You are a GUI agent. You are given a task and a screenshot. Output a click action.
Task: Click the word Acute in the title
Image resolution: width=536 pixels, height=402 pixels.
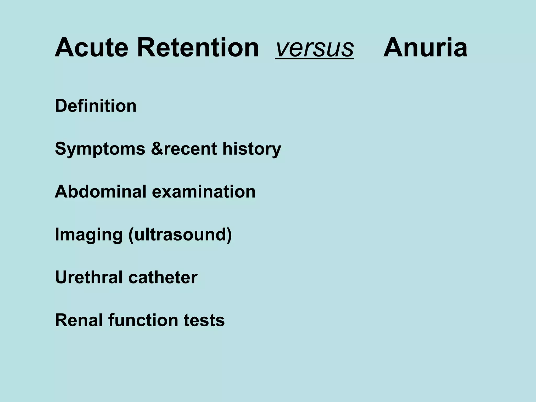pyautogui.click(x=91, y=48)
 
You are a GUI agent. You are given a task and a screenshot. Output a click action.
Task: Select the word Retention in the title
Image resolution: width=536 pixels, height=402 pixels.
pyautogui.click(x=198, y=48)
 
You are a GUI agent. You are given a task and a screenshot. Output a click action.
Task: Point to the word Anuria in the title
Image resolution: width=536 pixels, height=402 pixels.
pyautogui.click(x=425, y=48)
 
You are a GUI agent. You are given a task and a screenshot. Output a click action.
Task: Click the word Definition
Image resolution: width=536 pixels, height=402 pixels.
pyautogui.click(x=96, y=106)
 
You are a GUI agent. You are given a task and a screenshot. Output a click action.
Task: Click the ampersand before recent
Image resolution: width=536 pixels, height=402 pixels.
pyautogui.click(x=157, y=149)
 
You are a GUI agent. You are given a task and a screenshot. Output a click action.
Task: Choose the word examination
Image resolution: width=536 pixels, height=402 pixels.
pyautogui.click(x=204, y=192)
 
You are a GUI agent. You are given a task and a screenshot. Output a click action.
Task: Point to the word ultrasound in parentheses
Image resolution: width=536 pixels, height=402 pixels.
pyautogui.click(x=179, y=234)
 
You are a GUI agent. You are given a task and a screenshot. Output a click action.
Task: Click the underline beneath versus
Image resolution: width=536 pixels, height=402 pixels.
pyautogui.click(x=314, y=59)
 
